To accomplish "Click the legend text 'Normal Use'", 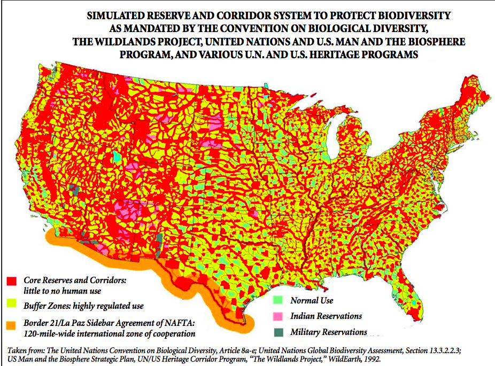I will [x=312, y=300].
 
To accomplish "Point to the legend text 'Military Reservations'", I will [x=329, y=332].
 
